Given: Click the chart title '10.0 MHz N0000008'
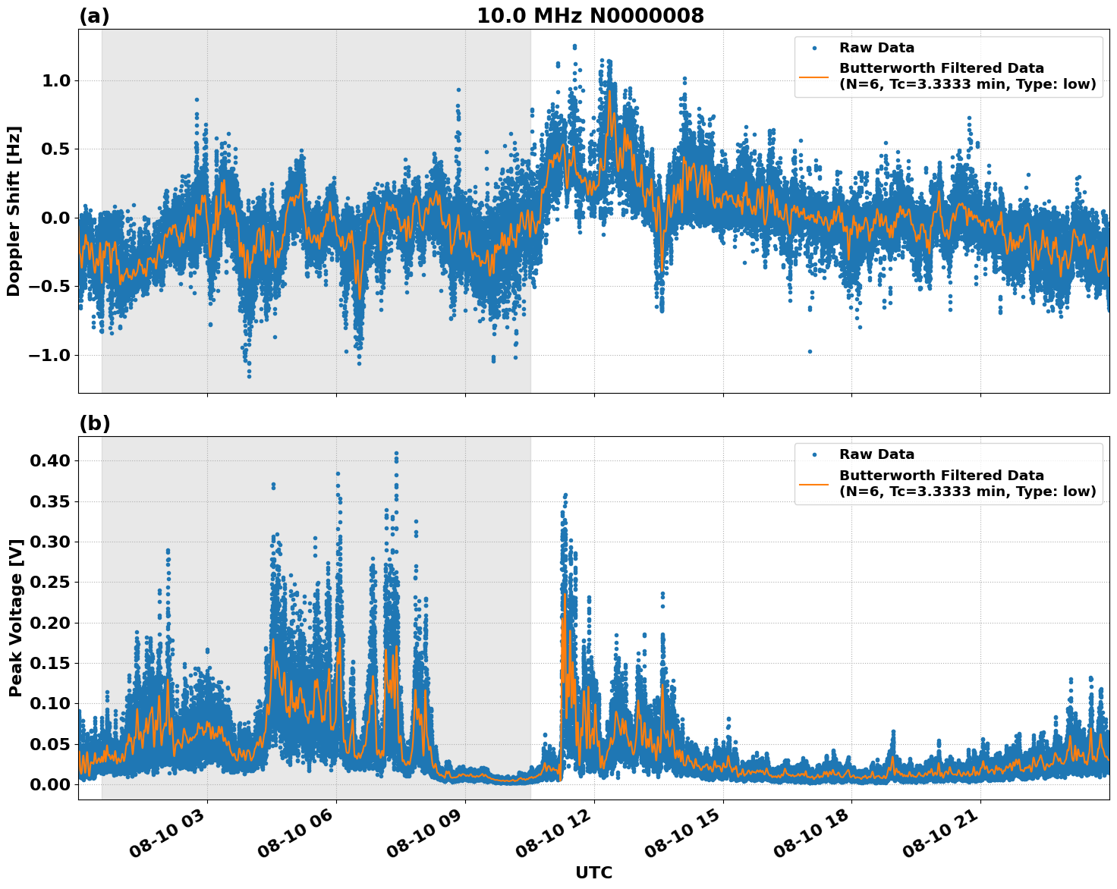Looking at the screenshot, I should pyautogui.click(x=590, y=16).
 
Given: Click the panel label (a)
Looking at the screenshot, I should pyautogui.click(x=94, y=16).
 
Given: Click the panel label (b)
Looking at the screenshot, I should pyautogui.click(x=94, y=423).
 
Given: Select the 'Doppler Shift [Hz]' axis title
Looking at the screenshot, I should pyautogui.click(x=14, y=211).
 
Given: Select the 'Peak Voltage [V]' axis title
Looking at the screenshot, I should pyautogui.click(x=15, y=617).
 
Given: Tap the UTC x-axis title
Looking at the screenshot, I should pyautogui.click(x=593, y=872).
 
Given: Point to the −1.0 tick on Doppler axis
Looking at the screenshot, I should pyautogui.click(x=50, y=355).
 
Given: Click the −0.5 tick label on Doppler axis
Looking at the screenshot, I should pyautogui.click(x=50, y=287).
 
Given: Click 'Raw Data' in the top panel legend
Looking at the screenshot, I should pyautogui.click(x=876, y=48).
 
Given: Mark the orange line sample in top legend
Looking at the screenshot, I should pyautogui.click(x=813, y=76).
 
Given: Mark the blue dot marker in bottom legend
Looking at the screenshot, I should pyautogui.click(x=813, y=454).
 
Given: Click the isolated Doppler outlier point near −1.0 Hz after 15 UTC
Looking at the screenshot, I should pyautogui.click(x=810, y=351).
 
